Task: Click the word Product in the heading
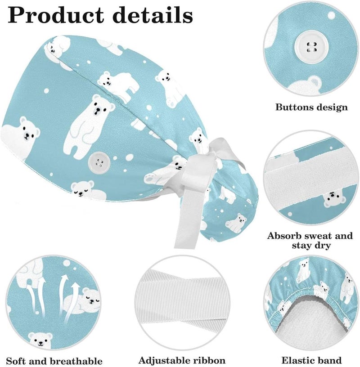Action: coord(56,15)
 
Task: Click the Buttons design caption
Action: coord(311,107)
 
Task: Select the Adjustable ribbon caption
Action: coord(182,360)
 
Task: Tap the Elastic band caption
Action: coord(311,360)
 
